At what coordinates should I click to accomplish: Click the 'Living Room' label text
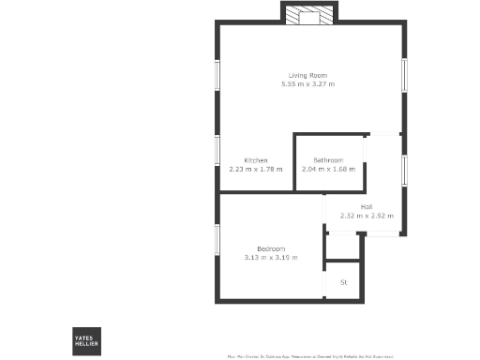pos(307,75)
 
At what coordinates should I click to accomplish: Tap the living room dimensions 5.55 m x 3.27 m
pos(307,84)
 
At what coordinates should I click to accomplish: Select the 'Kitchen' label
pos(256,160)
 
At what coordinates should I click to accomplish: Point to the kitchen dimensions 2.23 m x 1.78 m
pos(256,170)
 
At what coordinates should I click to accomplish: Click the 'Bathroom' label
pos(328,160)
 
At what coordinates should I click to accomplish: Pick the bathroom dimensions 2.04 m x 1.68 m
pos(328,170)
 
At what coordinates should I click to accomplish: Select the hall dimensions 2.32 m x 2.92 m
pos(367,216)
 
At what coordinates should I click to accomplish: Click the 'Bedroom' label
pos(271,247)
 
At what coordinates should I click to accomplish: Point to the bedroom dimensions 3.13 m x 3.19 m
pos(271,257)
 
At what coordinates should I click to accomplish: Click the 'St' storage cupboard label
pos(343,282)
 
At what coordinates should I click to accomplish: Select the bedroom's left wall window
pos(217,244)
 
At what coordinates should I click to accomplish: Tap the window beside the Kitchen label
pos(217,151)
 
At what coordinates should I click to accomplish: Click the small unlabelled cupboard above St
pos(343,246)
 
